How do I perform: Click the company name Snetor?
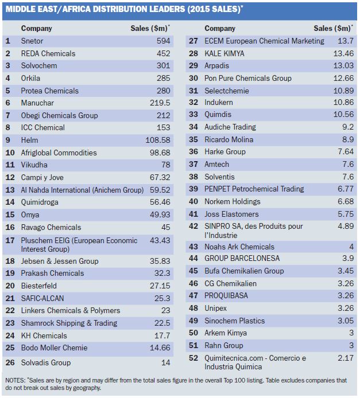[x=32, y=41]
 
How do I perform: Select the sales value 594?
[x=164, y=41]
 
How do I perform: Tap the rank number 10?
[x=10, y=153]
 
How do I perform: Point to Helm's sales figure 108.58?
[x=158, y=140]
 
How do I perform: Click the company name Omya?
[x=30, y=214]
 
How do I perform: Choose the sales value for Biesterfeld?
[x=160, y=286]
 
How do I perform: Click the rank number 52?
[x=193, y=358]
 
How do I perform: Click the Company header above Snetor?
[x=36, y=28]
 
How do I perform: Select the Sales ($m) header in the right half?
[x=333, y=28]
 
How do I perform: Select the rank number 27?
[x=193, y=41]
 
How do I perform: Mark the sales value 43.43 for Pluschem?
[x=160, y=240]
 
